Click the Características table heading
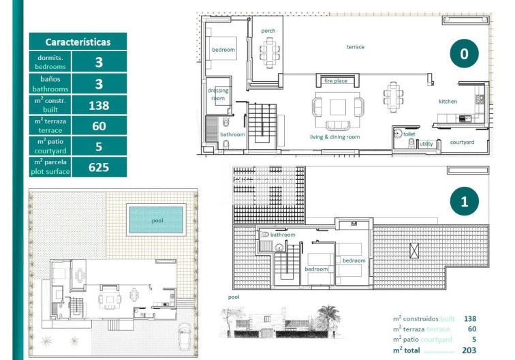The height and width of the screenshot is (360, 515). tap(78, 42)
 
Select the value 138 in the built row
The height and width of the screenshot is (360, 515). tap(99, 105)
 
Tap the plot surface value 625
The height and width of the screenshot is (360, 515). tap(99, 167)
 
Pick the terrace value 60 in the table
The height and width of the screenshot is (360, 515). tap(99, 125)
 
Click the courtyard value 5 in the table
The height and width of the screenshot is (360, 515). tap(99, 147)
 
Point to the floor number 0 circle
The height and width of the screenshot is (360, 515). tap(464, 54)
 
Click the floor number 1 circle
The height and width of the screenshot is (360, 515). tap(464, 201)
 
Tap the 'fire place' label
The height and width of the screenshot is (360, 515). tap(335, 81)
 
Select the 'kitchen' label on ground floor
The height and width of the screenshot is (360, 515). tap(448, 102)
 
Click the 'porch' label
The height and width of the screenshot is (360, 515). tap(268, 31)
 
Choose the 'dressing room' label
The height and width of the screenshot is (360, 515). tap(219, 94)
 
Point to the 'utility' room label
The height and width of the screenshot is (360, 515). tap(426, 144)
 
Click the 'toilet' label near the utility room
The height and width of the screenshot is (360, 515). tap(409, 135)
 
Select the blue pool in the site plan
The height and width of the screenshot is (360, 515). tap(157, 220)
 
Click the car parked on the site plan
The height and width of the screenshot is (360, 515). tap(185, 335)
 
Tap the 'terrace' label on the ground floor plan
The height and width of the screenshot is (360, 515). tap(355, 47)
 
